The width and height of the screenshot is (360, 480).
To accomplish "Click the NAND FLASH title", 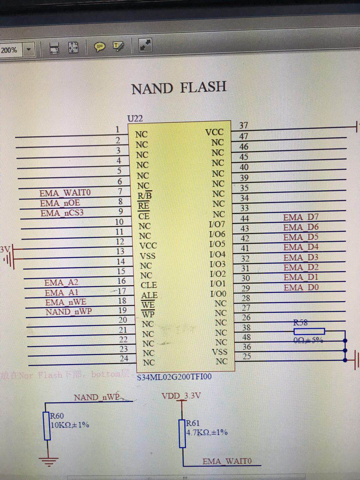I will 179,88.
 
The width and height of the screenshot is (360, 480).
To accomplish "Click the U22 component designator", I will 135,118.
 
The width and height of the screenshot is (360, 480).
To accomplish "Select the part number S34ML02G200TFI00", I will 174,377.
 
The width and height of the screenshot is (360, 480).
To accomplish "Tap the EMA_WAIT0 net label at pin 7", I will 65,193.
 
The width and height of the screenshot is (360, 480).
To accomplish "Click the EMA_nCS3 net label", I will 62,213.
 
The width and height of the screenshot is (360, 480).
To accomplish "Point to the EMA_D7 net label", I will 301,217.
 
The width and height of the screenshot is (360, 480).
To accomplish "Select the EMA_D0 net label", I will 301,287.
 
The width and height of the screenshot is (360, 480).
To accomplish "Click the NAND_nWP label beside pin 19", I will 69,312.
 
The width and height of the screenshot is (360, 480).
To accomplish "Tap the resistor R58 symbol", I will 309,331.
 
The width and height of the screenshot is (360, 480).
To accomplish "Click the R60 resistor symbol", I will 47,426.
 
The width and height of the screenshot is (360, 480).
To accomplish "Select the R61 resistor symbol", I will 182,433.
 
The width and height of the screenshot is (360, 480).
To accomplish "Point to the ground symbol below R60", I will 48,461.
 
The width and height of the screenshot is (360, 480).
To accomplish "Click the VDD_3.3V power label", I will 181,396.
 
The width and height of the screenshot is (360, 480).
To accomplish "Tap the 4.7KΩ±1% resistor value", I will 207,432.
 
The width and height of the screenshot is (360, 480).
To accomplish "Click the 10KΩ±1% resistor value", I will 70,425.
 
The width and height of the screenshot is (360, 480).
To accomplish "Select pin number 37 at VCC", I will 244,125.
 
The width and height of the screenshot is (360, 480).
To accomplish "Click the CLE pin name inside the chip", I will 149,285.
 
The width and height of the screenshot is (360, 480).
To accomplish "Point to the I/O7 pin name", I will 217,224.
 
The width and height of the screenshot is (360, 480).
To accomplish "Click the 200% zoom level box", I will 9,50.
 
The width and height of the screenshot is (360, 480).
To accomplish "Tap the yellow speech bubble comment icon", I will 99,47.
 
